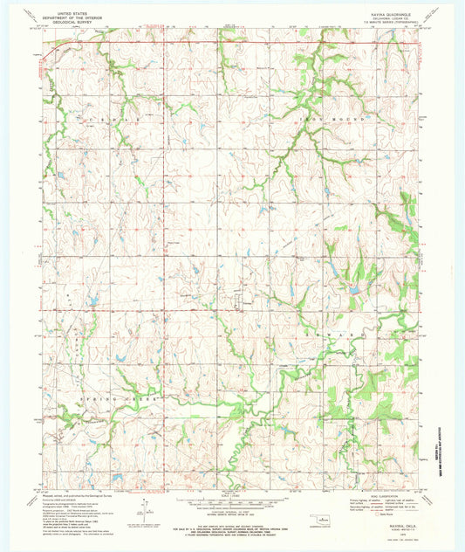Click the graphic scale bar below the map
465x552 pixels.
pos(232,503)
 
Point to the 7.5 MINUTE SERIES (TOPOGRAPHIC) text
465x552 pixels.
pos(389,23)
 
